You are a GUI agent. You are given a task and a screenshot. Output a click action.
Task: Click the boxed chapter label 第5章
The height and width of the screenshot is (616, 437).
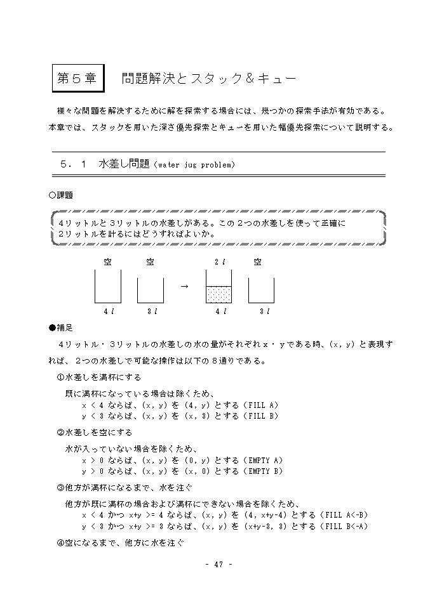(77, 79)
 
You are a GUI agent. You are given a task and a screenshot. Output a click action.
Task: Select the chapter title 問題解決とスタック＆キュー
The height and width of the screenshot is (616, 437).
(208, 79)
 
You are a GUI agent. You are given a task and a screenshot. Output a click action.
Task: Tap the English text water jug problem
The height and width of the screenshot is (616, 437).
(194, 165)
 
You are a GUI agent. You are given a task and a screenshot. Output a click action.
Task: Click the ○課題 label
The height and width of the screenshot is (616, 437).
(61, 195)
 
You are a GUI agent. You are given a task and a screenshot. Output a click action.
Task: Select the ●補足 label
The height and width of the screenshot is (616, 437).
(61, 327)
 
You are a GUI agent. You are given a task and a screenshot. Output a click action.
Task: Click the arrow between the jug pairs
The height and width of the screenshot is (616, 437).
(185, 286)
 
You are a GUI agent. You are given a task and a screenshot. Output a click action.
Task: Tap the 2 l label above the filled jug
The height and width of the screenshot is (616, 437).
(219, 261)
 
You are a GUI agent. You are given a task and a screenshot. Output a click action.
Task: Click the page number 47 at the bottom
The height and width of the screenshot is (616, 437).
(218, 565)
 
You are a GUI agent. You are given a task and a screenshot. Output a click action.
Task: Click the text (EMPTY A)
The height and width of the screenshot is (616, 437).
(262, 460)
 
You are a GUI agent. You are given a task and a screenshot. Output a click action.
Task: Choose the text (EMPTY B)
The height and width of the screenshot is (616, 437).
(262, 471)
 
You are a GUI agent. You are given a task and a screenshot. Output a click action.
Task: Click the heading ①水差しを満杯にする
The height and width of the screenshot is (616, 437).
(95, 377)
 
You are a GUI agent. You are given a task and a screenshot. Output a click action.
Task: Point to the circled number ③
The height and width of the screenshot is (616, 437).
(61, 488)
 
